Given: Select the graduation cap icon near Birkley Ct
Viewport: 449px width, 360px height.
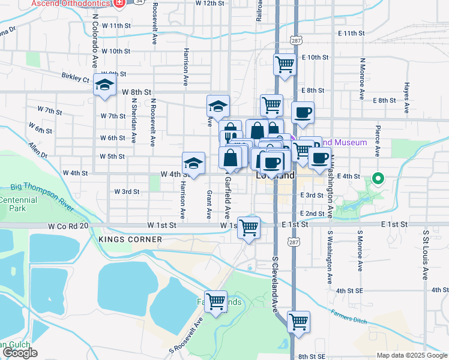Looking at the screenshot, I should tap(104, 85).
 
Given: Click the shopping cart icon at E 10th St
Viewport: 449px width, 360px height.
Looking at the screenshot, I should tap(285, 64).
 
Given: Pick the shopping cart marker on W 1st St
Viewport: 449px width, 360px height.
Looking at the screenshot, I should tap(249, 228).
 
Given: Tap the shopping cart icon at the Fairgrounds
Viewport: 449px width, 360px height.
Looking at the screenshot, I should tap(215, 301).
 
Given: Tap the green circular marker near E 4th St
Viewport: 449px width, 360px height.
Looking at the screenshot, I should tap(378, 178).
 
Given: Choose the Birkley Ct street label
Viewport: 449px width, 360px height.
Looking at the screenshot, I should tap(75, 78).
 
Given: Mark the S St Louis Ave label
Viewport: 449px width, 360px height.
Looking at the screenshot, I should tap(426, 254).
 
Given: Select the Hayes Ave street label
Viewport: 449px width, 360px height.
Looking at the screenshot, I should tap(406, 98).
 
